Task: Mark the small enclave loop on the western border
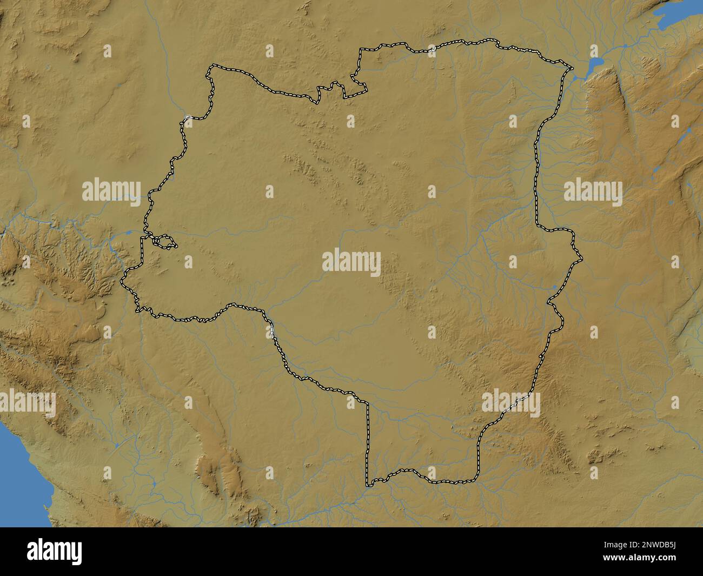click(164, 242)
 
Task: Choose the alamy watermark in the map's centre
click(351, 262)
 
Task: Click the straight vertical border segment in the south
click(368, 443)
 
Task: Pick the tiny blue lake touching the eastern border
click(554, 287)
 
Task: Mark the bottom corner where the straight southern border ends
click(368, 485)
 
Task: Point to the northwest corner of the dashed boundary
click(208, 69)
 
